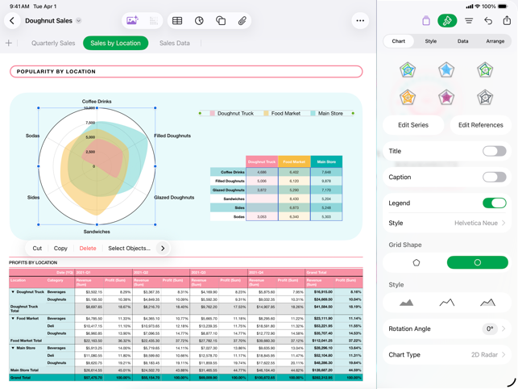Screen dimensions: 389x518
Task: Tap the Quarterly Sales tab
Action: pos(53,44)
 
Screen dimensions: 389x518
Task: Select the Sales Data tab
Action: pos(175,44)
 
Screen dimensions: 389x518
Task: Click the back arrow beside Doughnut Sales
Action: pos(12,21)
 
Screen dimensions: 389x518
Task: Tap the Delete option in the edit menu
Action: pos(88,249)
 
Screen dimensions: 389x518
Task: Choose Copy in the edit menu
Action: pos(60,249)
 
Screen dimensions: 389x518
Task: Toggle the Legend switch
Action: pos(494,203)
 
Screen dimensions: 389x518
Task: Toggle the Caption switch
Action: pos(494,177)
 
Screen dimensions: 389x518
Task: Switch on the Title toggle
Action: pos(494,151)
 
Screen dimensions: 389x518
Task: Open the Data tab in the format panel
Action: pos(463,41)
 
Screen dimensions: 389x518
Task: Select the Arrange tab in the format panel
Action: pos(495,41)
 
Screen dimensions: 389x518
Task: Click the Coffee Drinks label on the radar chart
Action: pos(97,102)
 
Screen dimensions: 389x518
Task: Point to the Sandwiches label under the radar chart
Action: pos(97,232)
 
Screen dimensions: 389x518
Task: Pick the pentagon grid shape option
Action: pos(416,262)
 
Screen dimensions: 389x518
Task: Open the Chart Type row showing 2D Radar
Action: pos(446,354)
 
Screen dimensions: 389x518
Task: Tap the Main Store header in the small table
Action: pos(325,162)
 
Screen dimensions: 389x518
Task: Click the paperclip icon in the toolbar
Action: pos(242,21)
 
